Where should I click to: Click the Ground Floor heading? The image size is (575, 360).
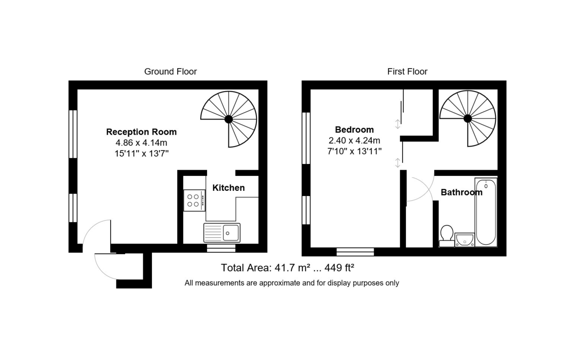point(171,71)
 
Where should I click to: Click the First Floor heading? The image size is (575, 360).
point(407,71)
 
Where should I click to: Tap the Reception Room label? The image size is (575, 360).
point(141,132)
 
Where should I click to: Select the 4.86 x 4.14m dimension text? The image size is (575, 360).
point(141,142)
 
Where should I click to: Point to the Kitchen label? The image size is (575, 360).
point(229,188)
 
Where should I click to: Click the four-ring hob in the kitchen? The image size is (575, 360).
point(195,200)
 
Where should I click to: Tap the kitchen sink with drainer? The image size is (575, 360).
point(222,232)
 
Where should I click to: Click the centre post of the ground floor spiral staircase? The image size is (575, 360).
point(229,119)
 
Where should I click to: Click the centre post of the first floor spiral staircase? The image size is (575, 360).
point(468,118)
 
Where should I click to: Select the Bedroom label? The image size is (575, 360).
point(354,130)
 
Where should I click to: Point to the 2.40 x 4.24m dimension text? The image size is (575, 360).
point(354,140)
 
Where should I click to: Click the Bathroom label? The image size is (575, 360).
point(461,192)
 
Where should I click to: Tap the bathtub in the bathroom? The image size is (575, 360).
point(486,212)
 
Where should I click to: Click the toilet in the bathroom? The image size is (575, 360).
point(447,236)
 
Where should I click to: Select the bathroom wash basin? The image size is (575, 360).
point(465,240)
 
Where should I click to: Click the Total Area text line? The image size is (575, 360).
point(287,268)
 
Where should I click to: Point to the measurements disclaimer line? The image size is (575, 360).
point(292,283)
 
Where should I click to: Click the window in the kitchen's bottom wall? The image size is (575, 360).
point(221,248)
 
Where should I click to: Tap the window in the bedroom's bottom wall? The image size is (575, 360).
point(355,252)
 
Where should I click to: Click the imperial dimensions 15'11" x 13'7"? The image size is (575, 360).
point(141,153)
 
